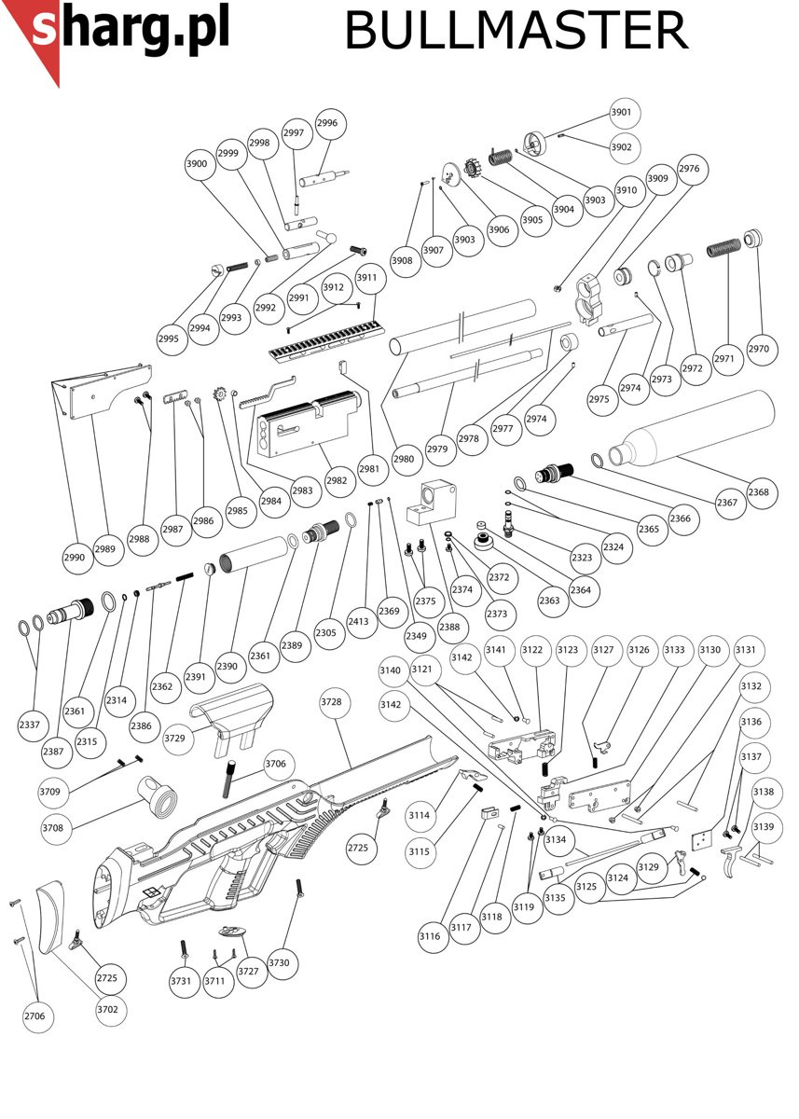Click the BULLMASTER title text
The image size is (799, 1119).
click(x=516, y=32)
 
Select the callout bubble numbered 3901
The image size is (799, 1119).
click(x=621, y=113)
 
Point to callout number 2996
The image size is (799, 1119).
click(x=327, y=123)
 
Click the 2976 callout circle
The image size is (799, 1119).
click(x=689, y=169)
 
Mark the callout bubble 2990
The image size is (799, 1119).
click(x=75, y=558)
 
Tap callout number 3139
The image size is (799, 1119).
click(x=764, y=827)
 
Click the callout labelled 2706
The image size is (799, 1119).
click(x=34, y=1015)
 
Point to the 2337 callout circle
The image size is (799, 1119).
click(x=29, y=725)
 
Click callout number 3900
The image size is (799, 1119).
click(x=197, y=163)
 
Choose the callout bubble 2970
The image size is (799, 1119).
click(x=759, y=349)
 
